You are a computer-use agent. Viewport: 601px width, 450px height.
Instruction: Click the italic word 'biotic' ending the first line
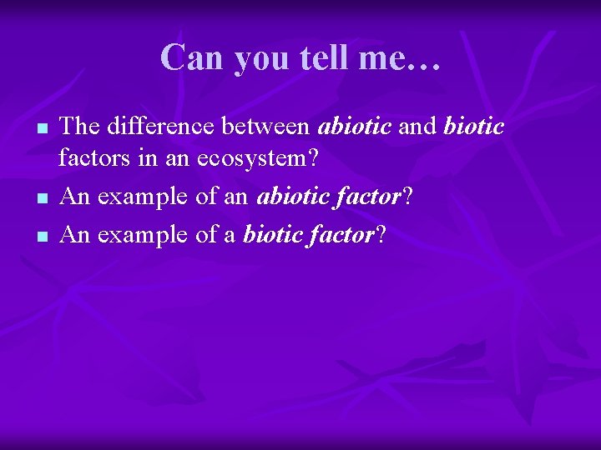[474, 127]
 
